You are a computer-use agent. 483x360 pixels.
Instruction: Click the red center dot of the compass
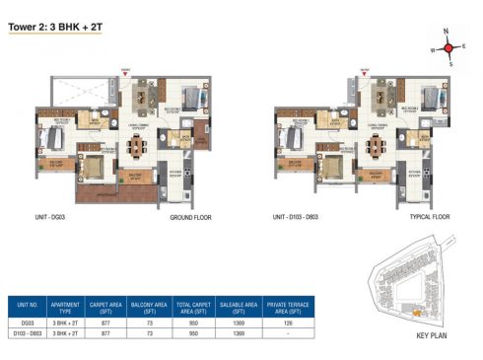click(448, 47)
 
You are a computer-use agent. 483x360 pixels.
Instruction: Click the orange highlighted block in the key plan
click(416, 313)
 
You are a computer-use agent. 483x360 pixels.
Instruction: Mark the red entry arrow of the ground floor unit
click(125, 71)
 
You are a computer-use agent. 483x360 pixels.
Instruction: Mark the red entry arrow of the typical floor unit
click(364, 71)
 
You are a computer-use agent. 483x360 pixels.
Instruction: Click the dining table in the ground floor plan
click(136, 146)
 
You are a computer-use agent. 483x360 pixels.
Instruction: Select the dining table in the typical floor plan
click(374, 146)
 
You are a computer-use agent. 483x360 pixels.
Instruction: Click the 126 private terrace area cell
click(287, 323)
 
